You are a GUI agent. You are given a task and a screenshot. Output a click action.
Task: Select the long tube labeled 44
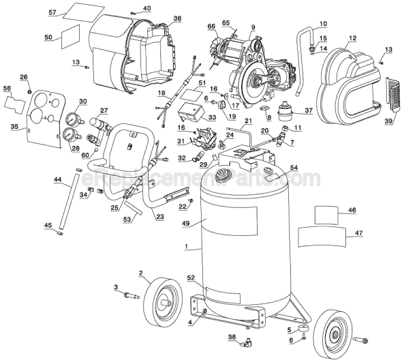point(65,204)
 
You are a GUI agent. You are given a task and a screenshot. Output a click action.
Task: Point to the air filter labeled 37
point(282,110)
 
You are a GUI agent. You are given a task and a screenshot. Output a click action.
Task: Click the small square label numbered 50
point(69,39)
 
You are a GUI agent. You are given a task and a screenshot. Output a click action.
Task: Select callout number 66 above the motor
point(211,26)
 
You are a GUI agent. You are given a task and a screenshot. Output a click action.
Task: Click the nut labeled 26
point(29,89)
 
